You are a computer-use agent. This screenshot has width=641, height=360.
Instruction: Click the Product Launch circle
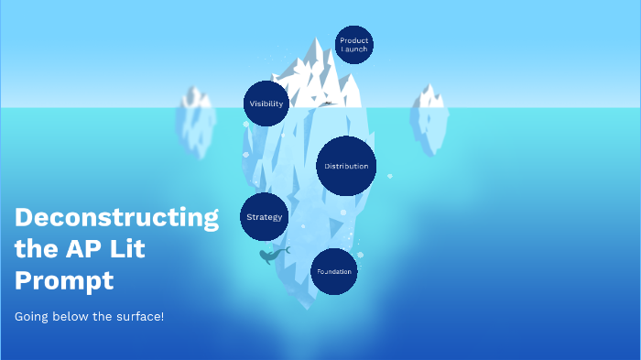click(x=353, y=45)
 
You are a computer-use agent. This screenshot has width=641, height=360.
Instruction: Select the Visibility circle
click(x=266, y=104)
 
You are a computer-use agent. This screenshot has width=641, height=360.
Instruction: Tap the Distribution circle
click(x=347, y=166)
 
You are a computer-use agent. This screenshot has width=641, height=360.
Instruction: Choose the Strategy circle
click(x=264, y=217)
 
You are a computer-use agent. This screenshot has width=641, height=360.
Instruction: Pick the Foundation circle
click(x=333, y=272)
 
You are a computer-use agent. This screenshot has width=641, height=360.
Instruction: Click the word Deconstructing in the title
click(x=117, y=218)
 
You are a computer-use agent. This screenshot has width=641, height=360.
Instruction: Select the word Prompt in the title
click(x=64, y=279)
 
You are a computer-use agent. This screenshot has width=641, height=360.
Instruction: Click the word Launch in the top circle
click(x=353, y=49)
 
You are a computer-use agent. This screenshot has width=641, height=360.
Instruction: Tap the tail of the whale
click(x=286, y=249)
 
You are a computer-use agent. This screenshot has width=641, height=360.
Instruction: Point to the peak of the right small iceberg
click(x=428, y=86)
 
